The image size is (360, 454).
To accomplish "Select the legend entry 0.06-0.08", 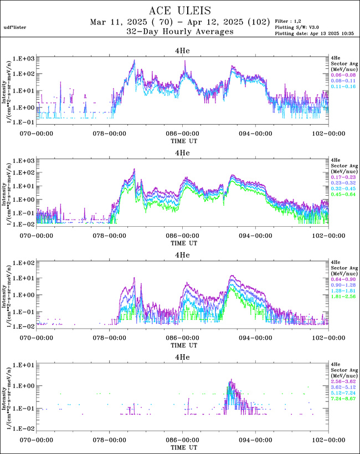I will pyautogui.click(x=341, y=74).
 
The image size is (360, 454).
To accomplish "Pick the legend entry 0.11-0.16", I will pyautogui.click(x=341, y=86).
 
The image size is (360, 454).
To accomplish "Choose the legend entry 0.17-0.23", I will pyautogui.click(x=341, y=176).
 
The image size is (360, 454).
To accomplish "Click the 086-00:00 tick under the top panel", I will pyautogui.click(x=182, y=133).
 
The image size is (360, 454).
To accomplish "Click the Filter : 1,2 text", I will pyautogui.click(x=291, y=21).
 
